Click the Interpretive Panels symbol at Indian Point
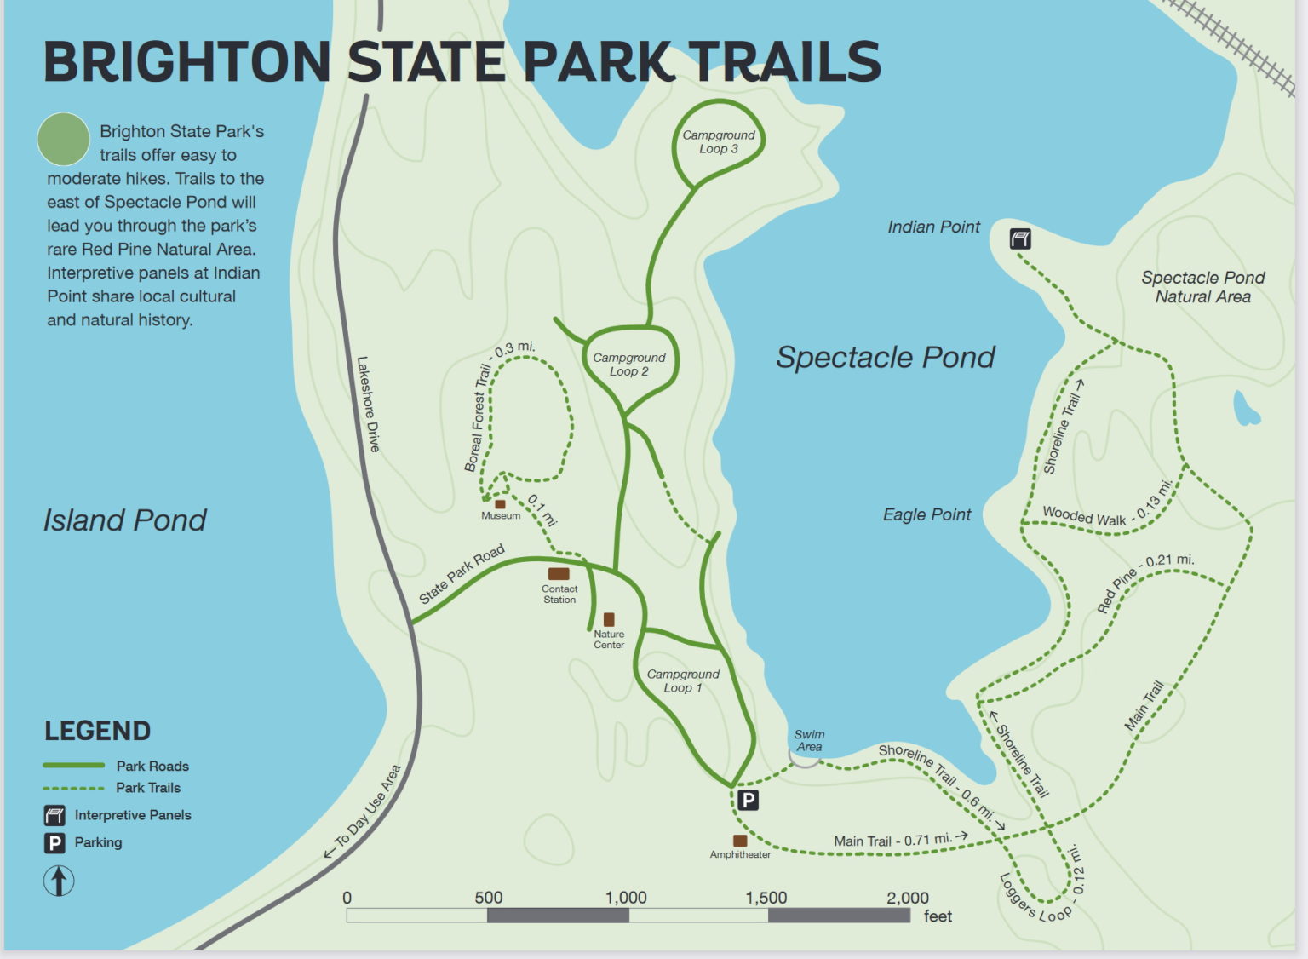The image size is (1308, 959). click(x=1020, y=238)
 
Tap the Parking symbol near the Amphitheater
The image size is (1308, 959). click(x=747, y=800)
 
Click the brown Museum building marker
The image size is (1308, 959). click(x=500, y=504)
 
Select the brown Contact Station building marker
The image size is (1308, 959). click(x=559, y=574)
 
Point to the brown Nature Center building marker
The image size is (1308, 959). click(x=609, y=619)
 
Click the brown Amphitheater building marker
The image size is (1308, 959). click(x=740, y=841)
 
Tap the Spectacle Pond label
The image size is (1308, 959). click(x=885, y=357)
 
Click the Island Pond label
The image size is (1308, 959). click(x=124, y=520)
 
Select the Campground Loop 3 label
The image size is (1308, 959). click(x=718, y=141)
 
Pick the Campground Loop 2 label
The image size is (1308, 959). click(x=628, y=365)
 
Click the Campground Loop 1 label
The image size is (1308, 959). click(x=683, y=680)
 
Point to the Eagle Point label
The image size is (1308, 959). click(x=926, y=514)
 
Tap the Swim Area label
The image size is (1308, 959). click(x=809, y=740)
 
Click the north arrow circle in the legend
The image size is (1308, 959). click(x=59, y=880)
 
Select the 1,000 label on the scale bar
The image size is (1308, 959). click(x=626, y=898)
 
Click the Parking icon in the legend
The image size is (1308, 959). click(x=54, y=842)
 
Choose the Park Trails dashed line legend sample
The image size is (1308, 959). click(x=73, y=788)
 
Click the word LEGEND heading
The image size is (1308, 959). click(x=97, y=731)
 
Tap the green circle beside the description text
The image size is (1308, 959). click(x=64, y=139)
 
